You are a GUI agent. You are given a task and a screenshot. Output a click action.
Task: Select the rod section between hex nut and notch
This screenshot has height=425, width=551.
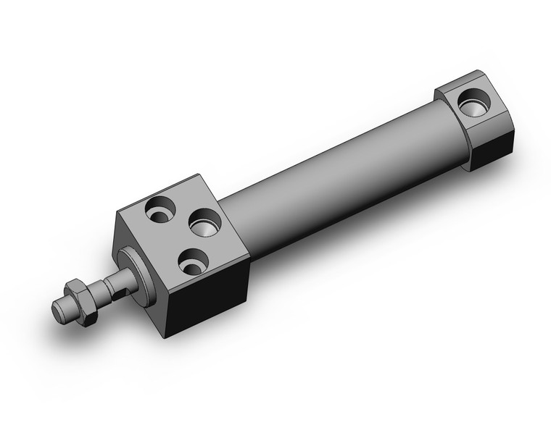(97, 293)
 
